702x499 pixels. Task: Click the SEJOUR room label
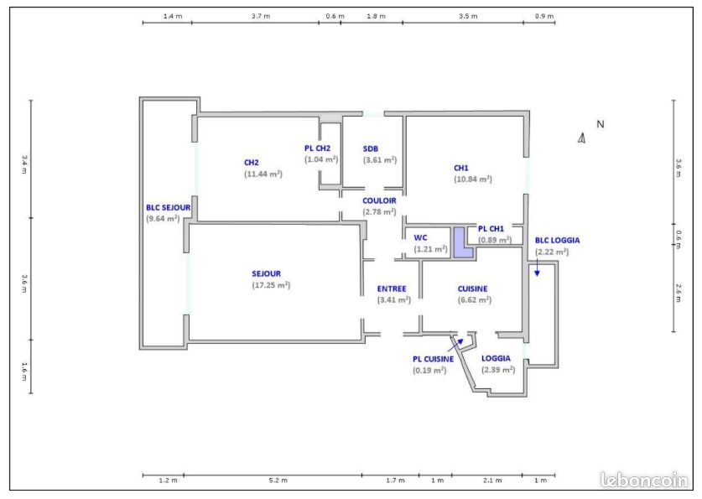(266, 273)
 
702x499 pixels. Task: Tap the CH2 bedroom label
(251, 163)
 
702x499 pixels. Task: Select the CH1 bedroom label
(460, 168)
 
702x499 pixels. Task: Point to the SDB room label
(370, 148)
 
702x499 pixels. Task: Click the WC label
(420, 237)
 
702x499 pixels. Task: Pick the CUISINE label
(472, 288)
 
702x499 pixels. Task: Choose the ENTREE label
(392, 288)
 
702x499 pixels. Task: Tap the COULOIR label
(379, 200)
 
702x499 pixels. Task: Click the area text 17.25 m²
(271, 285)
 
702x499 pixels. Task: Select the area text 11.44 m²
(263, 174)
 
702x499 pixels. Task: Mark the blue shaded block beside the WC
(463, 242)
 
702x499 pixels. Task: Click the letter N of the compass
(601, 124)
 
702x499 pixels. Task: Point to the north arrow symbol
(581, 138)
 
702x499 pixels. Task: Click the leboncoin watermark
(644, 481)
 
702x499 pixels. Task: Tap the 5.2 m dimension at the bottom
(278, 481)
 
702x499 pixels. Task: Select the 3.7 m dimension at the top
(261, 16)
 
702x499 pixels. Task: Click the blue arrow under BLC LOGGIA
(537, 268)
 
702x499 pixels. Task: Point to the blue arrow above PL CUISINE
(457, 344)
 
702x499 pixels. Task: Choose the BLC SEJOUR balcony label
(168, 207)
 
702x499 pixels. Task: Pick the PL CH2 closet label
(317, 148)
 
